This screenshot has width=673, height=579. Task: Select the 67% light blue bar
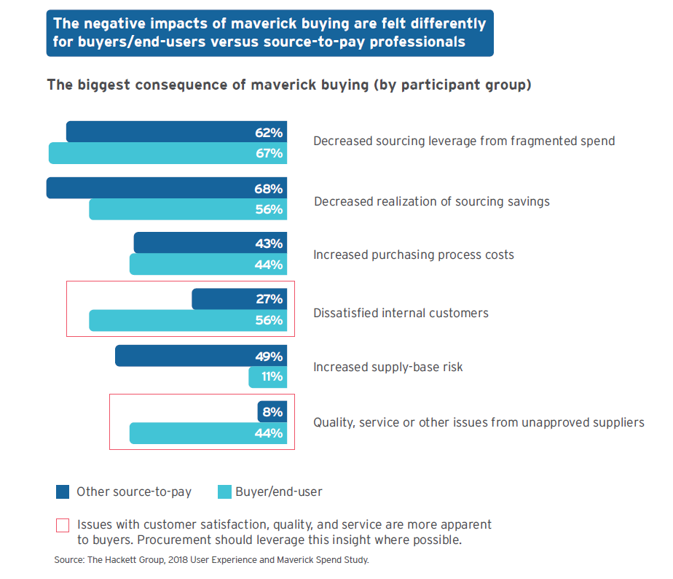[168, 153]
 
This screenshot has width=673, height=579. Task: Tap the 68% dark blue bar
[166, 188]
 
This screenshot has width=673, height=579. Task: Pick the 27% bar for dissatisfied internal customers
[240, 299]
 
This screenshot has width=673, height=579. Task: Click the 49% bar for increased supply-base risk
[201, 356]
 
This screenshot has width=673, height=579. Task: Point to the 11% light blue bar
[268, 377]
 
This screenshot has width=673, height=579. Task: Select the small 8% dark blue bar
[272, 412]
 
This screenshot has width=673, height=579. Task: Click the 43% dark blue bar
[210, 243]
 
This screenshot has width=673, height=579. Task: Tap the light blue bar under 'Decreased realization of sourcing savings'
[188, 209]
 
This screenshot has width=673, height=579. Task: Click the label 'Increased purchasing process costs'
[413, 254]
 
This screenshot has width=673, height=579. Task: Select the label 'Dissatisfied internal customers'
[401, 313]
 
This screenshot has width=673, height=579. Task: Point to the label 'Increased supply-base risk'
[387, 367]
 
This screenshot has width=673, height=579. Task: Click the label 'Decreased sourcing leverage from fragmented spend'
[464, 141]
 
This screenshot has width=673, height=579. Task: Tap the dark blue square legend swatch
[63, 492]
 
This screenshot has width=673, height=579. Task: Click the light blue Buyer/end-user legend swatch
[225, 492]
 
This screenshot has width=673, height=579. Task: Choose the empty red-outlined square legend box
[63, 525]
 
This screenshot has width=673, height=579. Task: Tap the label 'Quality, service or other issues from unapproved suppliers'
[479, 422]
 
